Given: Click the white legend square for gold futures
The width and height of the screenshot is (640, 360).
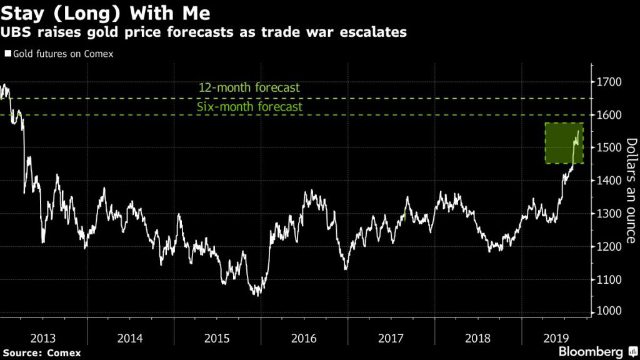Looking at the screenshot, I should [7, 54].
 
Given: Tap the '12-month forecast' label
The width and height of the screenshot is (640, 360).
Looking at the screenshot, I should [249, 88].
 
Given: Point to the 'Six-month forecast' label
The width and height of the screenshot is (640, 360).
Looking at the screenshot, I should [249, 107].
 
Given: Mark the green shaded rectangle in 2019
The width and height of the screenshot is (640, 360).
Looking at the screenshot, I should [564, 143].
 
